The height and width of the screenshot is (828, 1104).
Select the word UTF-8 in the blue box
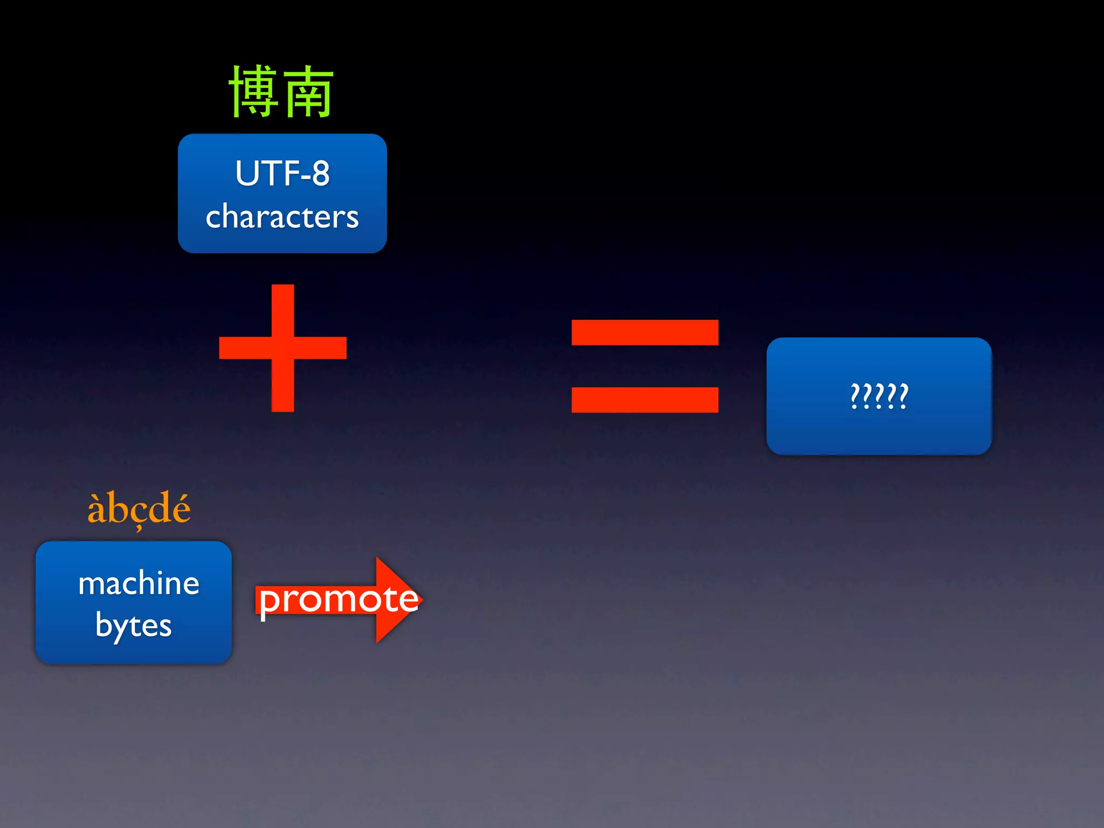(x=282, y=174)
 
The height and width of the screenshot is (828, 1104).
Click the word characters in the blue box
(x=282, y=217)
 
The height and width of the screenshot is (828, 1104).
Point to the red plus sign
(x=282, y=348)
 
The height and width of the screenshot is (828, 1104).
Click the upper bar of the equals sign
(x=645, y=333)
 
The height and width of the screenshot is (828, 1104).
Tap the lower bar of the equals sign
(x=645, y=400)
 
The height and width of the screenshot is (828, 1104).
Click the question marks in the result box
(x=879, y=396)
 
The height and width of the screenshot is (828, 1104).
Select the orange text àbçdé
(x=139, y=508)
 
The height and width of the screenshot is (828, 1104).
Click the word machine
(x=139, y=583)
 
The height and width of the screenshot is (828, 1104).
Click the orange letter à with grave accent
(x=96, y=509)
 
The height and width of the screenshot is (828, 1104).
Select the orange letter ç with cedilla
(x=139, y=512)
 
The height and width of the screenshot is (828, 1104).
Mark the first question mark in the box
(x=855, y=396)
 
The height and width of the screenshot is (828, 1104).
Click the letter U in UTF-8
(x=246, y=174)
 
